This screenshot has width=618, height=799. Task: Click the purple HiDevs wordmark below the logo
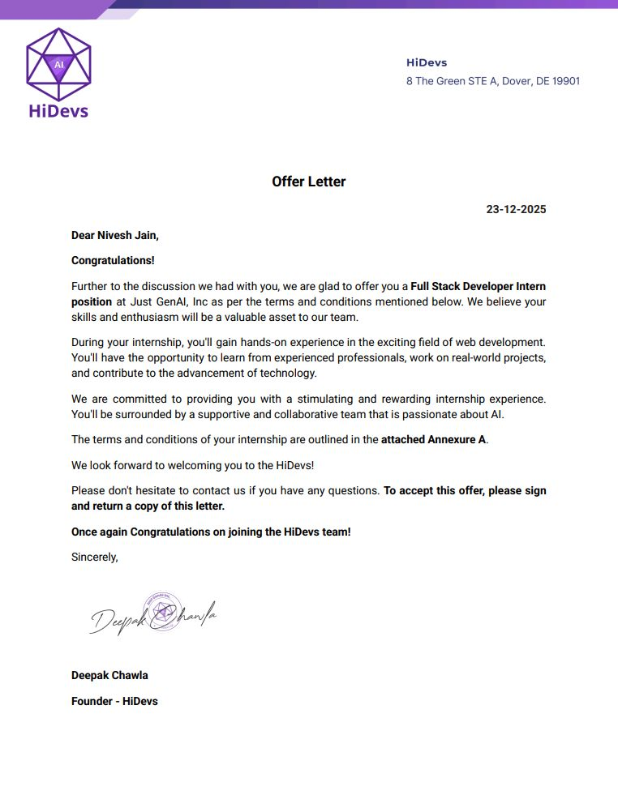58,111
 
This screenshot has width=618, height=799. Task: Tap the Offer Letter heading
309,182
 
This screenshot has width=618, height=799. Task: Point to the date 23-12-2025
516,209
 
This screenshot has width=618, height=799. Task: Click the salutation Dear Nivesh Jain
115,235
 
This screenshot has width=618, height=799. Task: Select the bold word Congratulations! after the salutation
113,260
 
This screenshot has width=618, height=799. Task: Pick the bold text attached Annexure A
433,440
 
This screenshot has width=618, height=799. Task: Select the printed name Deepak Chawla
109,675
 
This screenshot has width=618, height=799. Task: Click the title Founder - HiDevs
114,701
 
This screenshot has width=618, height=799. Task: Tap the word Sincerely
95,557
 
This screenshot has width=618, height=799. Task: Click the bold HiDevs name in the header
426,62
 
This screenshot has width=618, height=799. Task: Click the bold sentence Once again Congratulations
211,532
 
